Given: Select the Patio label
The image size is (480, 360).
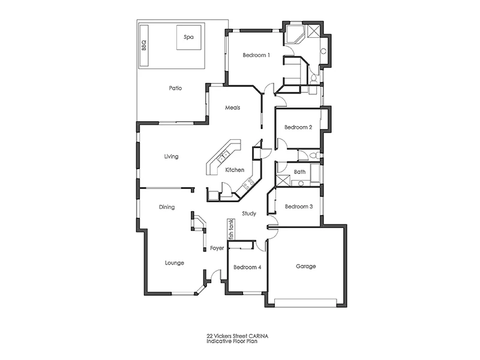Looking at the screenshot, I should [x=175, y=88].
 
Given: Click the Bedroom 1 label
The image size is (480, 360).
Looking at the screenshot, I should [x=256, y=55].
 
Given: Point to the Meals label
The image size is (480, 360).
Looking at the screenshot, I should [x=233, y=108].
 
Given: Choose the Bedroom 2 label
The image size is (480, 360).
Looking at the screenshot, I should [x=298, y=127].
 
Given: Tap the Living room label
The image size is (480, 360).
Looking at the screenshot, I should [x=172, y=157].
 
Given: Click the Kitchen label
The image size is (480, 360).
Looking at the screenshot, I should [x=235, y=170].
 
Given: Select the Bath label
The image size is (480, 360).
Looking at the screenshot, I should [x=299, y=172].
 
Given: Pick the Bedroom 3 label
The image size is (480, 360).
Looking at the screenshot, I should [x=298, y=206].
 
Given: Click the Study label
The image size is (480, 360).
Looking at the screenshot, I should [x=249, y=213].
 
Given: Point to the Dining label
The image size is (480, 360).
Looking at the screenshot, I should [x=167, y=208].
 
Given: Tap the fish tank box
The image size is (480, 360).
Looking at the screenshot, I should [x=230, y=229].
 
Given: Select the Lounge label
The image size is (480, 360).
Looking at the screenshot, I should [x=174, y=263].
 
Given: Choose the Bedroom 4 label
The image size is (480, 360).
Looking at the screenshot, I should [x=247, y=267].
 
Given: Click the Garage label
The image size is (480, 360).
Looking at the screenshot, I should [x=306, y=266].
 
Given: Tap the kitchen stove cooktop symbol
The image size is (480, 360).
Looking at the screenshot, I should [x=245, y=185].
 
